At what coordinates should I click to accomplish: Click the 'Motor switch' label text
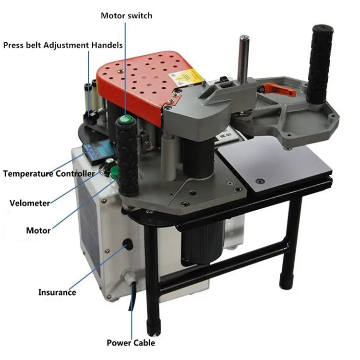point(127,16)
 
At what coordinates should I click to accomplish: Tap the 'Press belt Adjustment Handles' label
point(63,45)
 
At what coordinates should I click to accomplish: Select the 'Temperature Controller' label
point(49,174)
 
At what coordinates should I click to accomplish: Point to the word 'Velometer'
point(30,203)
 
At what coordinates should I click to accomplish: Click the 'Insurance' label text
point(57,292)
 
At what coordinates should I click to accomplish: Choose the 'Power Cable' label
point(131,343)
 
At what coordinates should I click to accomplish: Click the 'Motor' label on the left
point(38,230)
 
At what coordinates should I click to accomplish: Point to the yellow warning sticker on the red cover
point(186,77)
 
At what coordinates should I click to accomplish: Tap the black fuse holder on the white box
point(128,244)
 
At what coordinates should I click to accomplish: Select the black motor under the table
point(202,242)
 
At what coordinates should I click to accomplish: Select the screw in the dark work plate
point(260,181)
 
